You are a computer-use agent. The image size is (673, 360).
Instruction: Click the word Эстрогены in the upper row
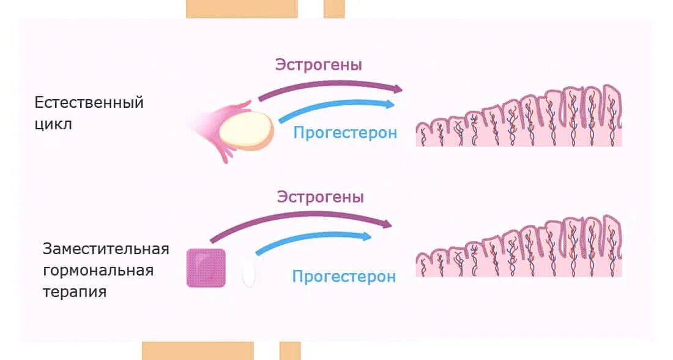click(318, 65)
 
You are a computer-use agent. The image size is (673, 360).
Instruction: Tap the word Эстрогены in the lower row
click(320, 197)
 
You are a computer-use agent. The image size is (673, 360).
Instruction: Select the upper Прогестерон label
click(345, 132)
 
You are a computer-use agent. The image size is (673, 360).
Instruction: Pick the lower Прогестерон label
click(344, 277)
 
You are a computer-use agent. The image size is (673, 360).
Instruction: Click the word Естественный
click(89, 102)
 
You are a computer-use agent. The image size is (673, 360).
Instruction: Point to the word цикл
click(53, 124)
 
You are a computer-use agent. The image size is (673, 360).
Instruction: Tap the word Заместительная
click(106, 249)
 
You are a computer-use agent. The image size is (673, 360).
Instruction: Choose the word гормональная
click(98, 270)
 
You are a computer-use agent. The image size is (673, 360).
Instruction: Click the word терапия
click(75, 291)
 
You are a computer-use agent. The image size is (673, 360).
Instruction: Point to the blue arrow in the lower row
click(312, 241)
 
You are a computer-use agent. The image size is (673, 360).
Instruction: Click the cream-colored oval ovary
click(246, 129)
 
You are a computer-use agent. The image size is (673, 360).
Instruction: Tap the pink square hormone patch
click(206, 268)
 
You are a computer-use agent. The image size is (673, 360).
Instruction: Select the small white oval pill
click(248, 273)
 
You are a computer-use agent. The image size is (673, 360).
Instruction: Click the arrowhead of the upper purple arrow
click(398, 89)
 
